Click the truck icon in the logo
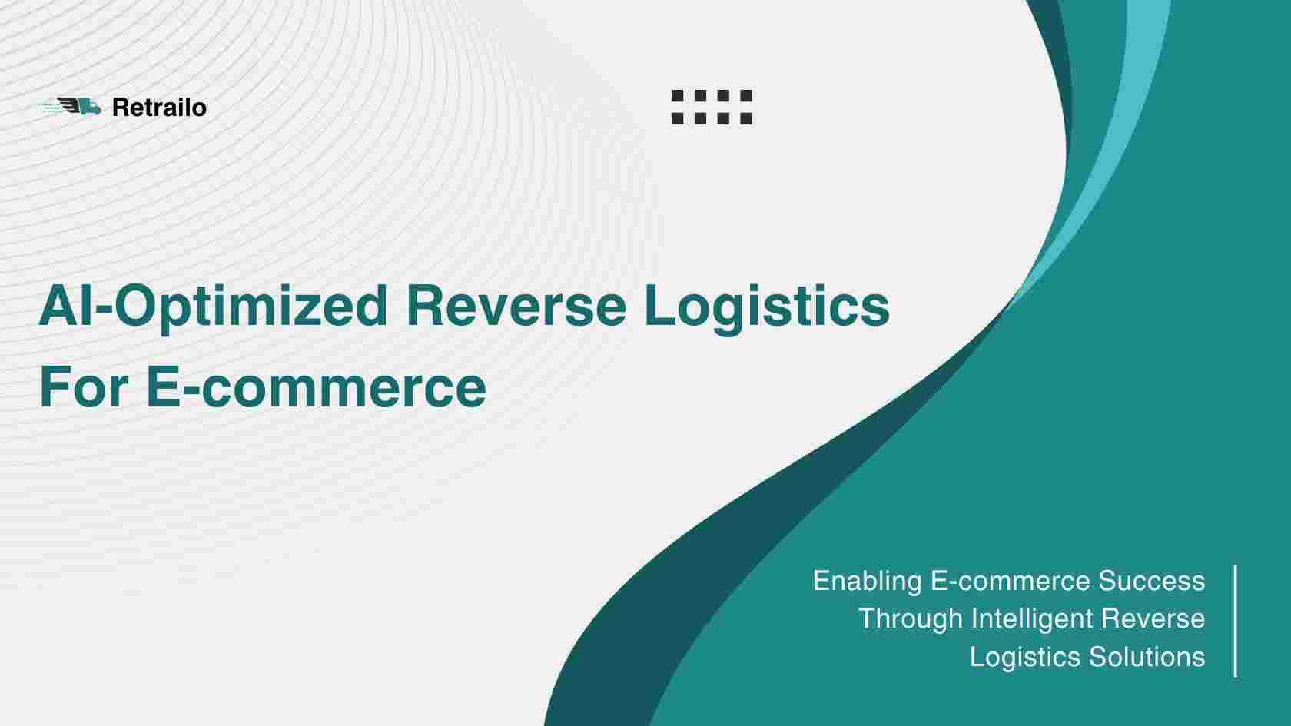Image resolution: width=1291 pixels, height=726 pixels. [72, 108]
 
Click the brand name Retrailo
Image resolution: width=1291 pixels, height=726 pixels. [159, 108]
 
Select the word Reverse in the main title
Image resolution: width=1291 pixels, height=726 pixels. [516, 306]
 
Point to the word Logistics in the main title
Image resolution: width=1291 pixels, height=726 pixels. [767, 307]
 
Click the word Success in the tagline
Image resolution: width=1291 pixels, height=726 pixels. [1151, 581]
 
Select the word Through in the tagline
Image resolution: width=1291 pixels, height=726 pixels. [911, 619]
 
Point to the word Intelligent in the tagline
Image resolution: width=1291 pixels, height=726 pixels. [1032, 619]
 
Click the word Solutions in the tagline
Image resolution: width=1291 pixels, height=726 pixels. [1147, 657]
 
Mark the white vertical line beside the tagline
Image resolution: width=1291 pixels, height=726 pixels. [1235, 621]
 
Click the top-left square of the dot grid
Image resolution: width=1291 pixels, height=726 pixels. [677, 95]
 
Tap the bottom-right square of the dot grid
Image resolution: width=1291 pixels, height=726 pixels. [746, 118]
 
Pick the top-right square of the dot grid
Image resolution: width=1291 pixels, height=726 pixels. [746, 95]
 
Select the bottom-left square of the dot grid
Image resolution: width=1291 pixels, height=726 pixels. [677, 118]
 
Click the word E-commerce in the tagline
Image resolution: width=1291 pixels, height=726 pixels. [1011, 581]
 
